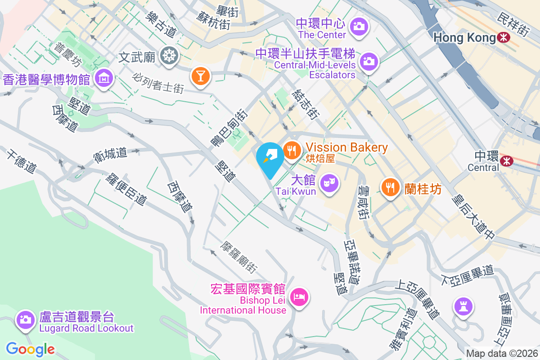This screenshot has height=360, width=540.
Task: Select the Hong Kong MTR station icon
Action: point(504,38)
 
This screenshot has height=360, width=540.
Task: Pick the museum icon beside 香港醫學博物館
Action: point(104,78)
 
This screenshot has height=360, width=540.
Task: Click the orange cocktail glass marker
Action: point(200,75)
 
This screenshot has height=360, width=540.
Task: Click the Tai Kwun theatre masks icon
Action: point(329,183)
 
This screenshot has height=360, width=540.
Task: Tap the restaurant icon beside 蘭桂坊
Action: point(390,186)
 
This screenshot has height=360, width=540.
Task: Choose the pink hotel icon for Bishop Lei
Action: point(300,296)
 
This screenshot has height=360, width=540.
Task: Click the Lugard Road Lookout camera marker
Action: point(25,319)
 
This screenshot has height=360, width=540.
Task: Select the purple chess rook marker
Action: point(463,307)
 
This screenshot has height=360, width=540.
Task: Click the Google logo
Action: point(30,349)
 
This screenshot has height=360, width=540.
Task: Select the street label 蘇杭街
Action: point(214,19)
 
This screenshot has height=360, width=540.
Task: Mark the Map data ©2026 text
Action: point(501,353)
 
